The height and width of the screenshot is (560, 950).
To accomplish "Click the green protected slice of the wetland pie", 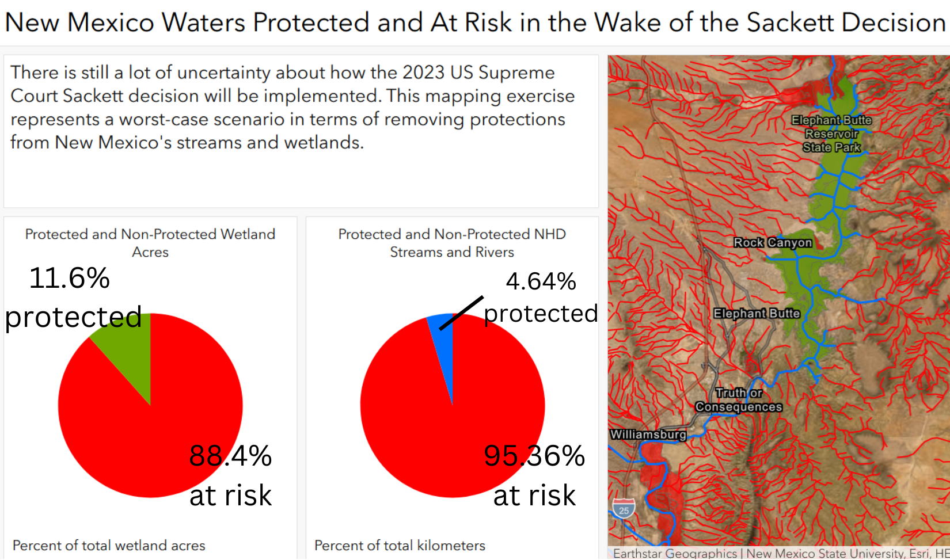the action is (x=127, y=352).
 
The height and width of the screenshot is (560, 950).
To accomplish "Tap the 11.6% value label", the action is (x=70, y=279).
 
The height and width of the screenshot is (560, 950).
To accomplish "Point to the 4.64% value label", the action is (x=541, y=281).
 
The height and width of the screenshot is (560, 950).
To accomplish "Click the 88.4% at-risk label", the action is (x=231, y=475).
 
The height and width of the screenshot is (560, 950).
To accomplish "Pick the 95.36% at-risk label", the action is (x=534, y=475).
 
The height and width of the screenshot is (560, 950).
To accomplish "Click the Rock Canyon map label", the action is (x=773, y=242).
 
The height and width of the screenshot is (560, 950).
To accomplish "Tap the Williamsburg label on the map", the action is (x=648, y=435).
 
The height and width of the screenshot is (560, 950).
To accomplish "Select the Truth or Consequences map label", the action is (x=739, y=400).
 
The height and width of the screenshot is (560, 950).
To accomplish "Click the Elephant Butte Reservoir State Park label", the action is (x=831, y=134).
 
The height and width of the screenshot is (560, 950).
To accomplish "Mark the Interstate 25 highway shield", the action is (x=624, y=508).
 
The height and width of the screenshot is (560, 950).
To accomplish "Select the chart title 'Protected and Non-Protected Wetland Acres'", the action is (x=150, y=243).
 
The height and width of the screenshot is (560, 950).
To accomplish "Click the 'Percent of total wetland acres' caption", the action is (x=109, y=545).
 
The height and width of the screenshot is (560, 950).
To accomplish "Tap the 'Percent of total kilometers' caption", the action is (x=400, y=545).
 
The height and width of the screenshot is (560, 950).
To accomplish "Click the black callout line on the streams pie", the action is (x=461, y=313).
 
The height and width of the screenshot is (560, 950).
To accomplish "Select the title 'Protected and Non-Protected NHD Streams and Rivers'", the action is (x=452, y=243).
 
